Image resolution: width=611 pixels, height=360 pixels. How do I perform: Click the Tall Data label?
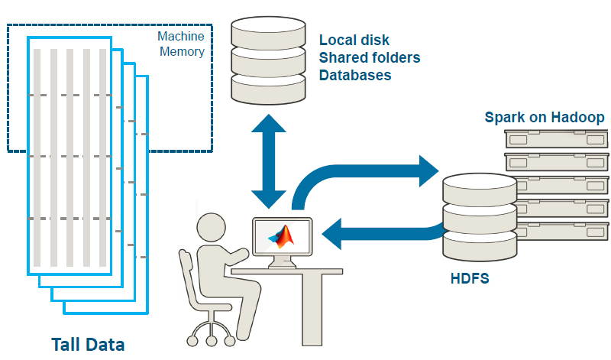tap(87, 344)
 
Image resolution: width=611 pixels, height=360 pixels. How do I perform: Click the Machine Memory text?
tap(180, 44)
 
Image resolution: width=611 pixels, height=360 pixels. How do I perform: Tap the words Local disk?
tap(354, 40)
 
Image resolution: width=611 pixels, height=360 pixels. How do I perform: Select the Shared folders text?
tap(369, 57)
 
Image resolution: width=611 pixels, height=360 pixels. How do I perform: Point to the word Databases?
tap(355, 75)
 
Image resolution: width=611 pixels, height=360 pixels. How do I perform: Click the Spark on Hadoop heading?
tap(545, 117)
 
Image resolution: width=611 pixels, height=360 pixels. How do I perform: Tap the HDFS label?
tap(469, 278)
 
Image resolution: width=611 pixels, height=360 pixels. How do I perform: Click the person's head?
tap(211, 227)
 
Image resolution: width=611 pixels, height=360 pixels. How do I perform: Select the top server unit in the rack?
tap(556, 139)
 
